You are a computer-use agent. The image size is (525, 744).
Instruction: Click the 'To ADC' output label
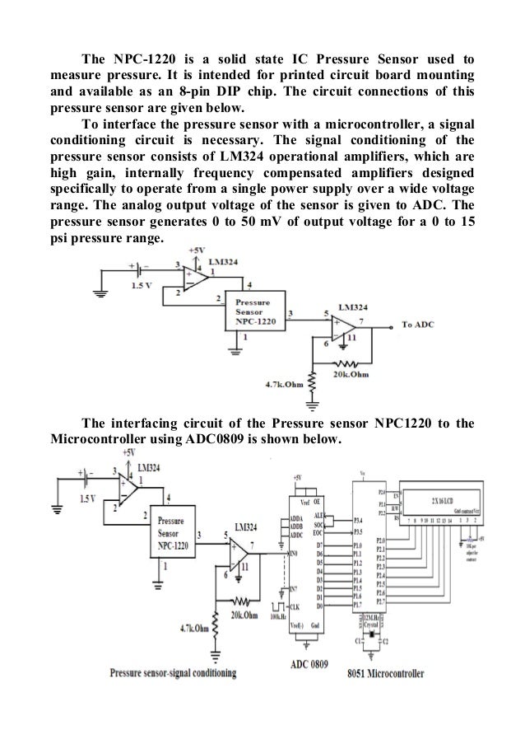pos(418,325)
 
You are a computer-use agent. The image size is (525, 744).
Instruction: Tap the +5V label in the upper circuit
pos(197,248)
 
